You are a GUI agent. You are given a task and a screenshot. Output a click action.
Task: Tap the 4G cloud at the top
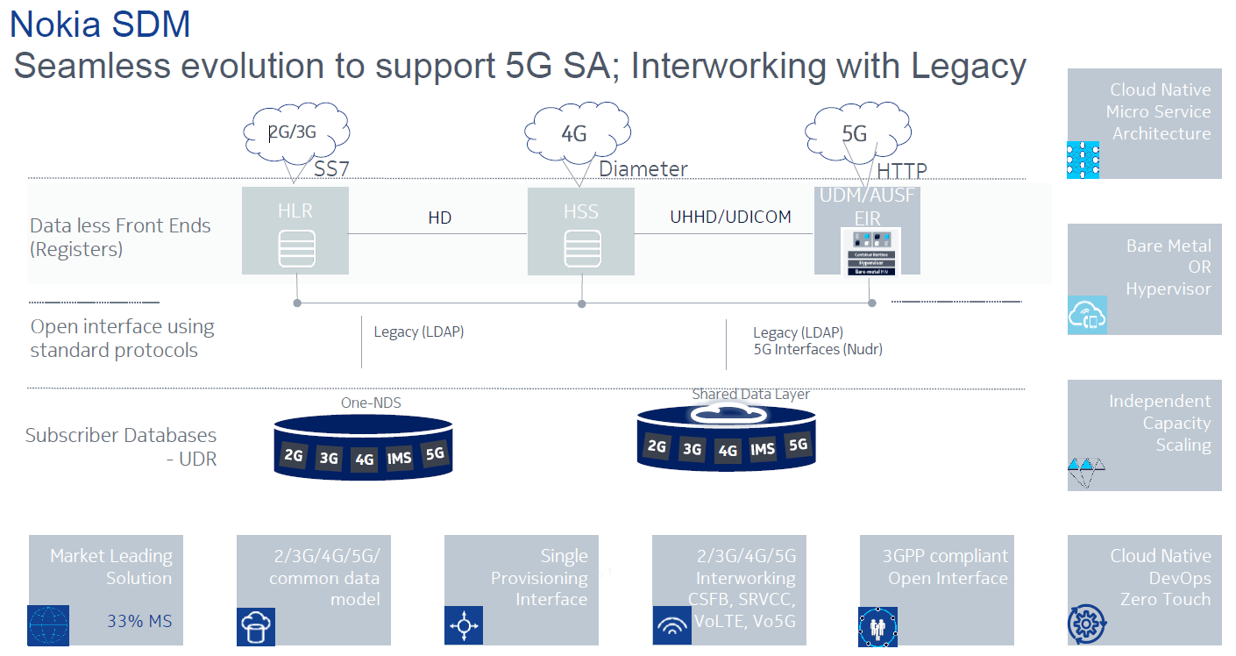tap(574, 134)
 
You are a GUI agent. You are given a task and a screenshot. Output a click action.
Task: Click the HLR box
tap(296, 230)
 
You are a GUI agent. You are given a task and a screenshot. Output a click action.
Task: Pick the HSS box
tap(580, 230)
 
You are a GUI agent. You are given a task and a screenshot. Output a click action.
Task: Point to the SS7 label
tap(332, 169)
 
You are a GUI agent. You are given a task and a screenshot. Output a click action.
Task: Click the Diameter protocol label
tap(643, 169)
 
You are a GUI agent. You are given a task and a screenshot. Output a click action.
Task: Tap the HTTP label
tap(902, 171)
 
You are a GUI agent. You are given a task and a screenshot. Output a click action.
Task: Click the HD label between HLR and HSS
tap(440, 217)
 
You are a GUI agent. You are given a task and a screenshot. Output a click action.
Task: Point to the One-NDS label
tap(364, 402)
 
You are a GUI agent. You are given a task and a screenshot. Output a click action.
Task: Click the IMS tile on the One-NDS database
tap(399, 459)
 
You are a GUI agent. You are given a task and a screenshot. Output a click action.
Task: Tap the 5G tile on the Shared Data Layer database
tap(798, 446)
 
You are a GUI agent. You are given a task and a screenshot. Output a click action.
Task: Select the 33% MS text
tap(139, 622)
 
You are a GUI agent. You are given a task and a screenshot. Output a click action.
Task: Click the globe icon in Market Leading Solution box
tap(48, 625)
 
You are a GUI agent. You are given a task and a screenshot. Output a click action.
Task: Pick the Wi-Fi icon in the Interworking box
tap(671, 626)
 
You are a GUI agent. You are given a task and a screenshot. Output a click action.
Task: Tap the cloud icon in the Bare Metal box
tap(1087, 316)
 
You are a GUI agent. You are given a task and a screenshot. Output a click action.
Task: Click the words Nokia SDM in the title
tap(100, 24)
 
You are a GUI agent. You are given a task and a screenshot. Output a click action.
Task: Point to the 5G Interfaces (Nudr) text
tap(818, 349)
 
